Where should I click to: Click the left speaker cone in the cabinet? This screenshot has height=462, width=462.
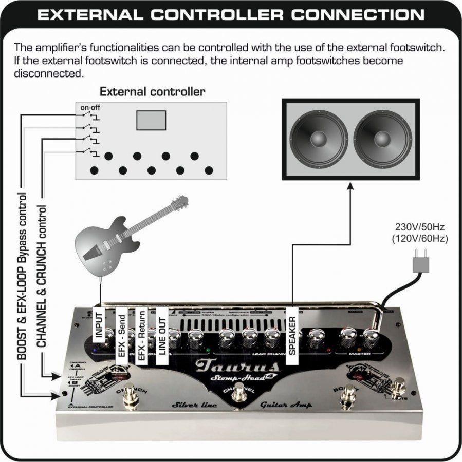(319, 139)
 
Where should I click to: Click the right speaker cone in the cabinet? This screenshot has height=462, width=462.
(382, 139)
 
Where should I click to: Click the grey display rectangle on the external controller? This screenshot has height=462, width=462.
(151, 120)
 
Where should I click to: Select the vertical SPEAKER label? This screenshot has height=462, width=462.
(292, 335)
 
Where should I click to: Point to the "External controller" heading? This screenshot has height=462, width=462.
(152, 92)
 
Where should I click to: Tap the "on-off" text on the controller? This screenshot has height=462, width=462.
(90, 108)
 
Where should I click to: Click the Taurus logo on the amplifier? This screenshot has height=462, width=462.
(238, 366)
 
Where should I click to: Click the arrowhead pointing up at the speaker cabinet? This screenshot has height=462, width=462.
(350, 186)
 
